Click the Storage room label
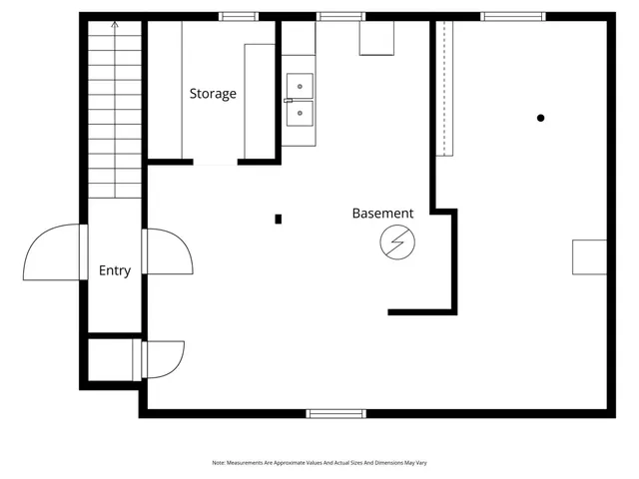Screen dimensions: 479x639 click(213, 94)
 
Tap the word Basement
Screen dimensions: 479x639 click(382, 214)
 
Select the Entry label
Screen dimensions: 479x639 click(115, 270)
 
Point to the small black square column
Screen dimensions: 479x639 click(279, 219)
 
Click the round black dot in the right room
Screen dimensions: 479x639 click(541, 118)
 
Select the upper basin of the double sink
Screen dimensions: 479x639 click(299, 87)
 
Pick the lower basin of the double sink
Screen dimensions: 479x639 click(299, 114)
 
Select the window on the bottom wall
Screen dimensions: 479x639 click(335, 413)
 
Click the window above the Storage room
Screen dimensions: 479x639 click(239, 16)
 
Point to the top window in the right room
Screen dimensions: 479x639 click(512, 16)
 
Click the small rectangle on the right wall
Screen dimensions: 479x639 click(588, 256)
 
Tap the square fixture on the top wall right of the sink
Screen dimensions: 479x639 click(376, 38)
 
